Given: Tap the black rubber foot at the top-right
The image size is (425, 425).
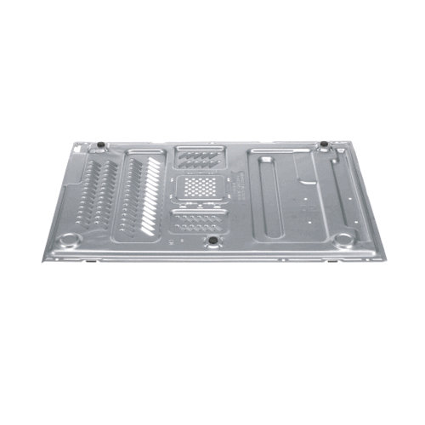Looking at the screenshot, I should (x=324, y=145).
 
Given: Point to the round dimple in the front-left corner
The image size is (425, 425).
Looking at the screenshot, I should (x=73, y=240).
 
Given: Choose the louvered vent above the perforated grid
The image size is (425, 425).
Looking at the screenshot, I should (x=201, y=158).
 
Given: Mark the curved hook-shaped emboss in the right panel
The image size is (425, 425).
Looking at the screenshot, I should (x=304, y=183).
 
